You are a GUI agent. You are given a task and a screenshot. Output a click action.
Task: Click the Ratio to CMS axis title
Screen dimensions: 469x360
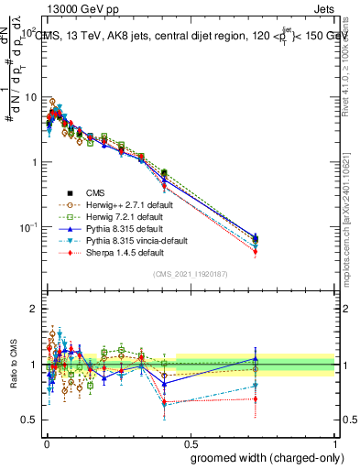click(x=12, y=365)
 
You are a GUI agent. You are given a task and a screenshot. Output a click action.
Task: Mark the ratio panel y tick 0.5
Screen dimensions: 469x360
click(x=28, y=420)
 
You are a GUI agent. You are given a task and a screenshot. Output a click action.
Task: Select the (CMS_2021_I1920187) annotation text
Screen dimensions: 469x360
click(x=190, y=274)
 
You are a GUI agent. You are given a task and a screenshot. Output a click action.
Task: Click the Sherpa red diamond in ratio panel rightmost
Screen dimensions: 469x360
click(x=256, y=398)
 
